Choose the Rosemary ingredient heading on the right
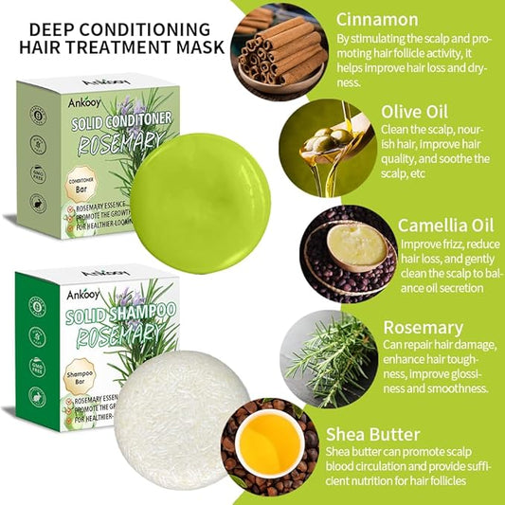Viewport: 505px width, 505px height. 423,328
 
